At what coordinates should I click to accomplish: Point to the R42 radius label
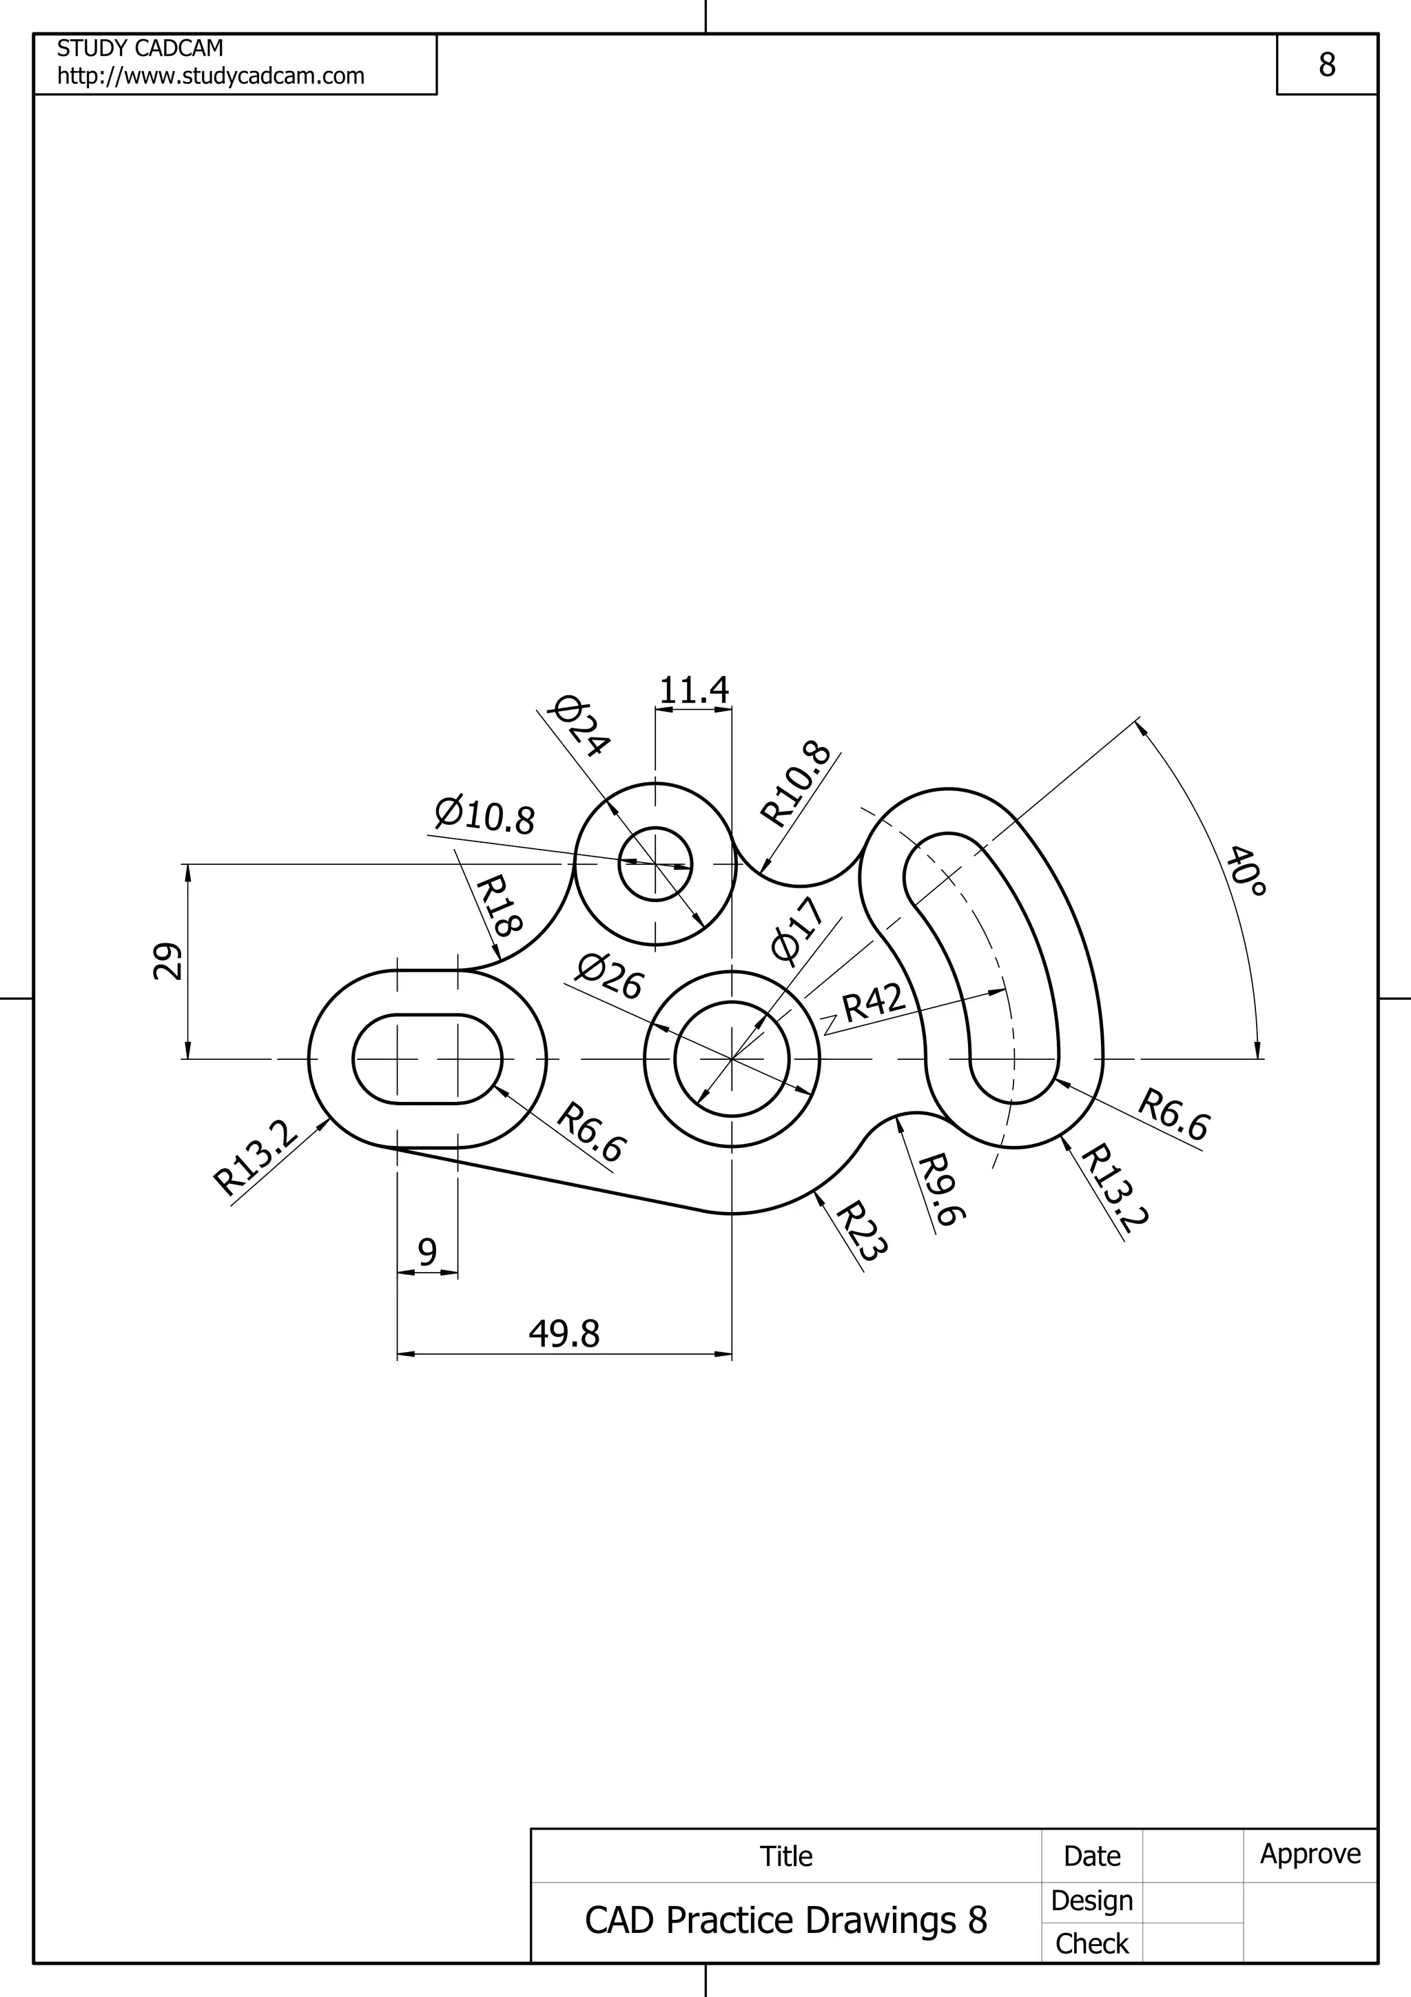tap(874, 1002)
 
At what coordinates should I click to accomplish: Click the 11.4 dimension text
tap(694, 690)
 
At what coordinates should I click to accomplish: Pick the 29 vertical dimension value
tap(168, 961)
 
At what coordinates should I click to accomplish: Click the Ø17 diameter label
tap(796, 932)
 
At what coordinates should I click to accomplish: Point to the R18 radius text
tap(498, 905)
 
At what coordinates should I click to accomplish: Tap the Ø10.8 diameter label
tap(484, 815)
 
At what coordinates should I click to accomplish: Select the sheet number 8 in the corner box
tap(1327, 64)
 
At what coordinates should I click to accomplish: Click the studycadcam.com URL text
tap(210, 76)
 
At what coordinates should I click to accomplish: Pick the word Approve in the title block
tap(1310, 1854)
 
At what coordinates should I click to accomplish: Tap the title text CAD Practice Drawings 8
tap(786, 1921)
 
